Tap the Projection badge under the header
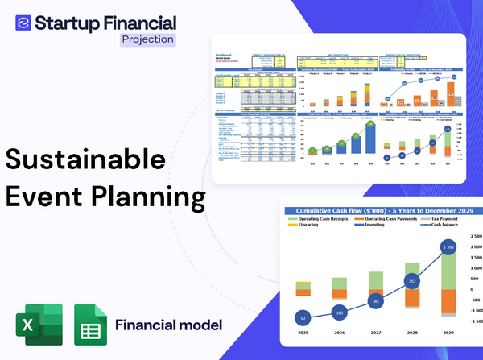coord(147,39)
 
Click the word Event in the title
coord(47,197)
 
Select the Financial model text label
coord(168,325)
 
